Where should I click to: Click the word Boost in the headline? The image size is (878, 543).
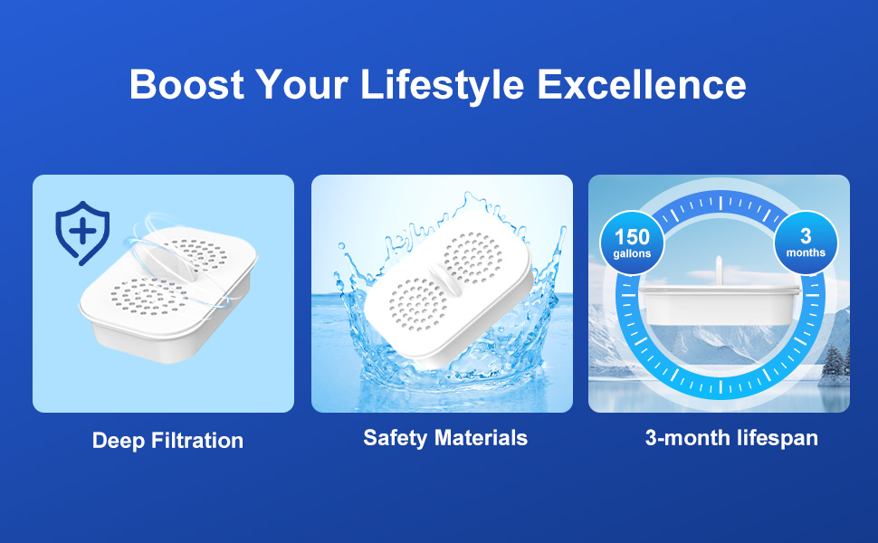pos(187,84)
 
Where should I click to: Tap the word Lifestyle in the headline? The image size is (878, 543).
pos(443,85)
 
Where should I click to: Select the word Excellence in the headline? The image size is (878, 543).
pos(642,84)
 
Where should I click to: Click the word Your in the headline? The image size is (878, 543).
pos(301,84)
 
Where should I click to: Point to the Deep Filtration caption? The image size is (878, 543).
pos(168,441)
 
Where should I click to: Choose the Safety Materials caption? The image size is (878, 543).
pos(445,438)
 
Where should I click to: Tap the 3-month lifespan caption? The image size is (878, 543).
pos(731,438)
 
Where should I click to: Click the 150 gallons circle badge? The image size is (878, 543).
pos(632,243)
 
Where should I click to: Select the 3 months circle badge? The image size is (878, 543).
pos(806,243)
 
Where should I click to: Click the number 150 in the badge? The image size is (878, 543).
pos(632,237)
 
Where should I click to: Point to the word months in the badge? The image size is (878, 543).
pos(806,252)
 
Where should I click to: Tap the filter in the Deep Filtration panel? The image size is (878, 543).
pos(168,291)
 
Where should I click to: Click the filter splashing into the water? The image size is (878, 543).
pos(448,291)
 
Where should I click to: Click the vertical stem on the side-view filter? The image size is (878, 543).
pos(719,271)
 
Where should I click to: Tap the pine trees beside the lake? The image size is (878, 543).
pos(835,364)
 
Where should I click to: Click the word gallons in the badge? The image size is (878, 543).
pos(632,253)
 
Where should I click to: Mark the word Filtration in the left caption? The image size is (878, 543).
pos(197,441)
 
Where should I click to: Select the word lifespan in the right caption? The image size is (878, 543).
pos(778,438)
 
